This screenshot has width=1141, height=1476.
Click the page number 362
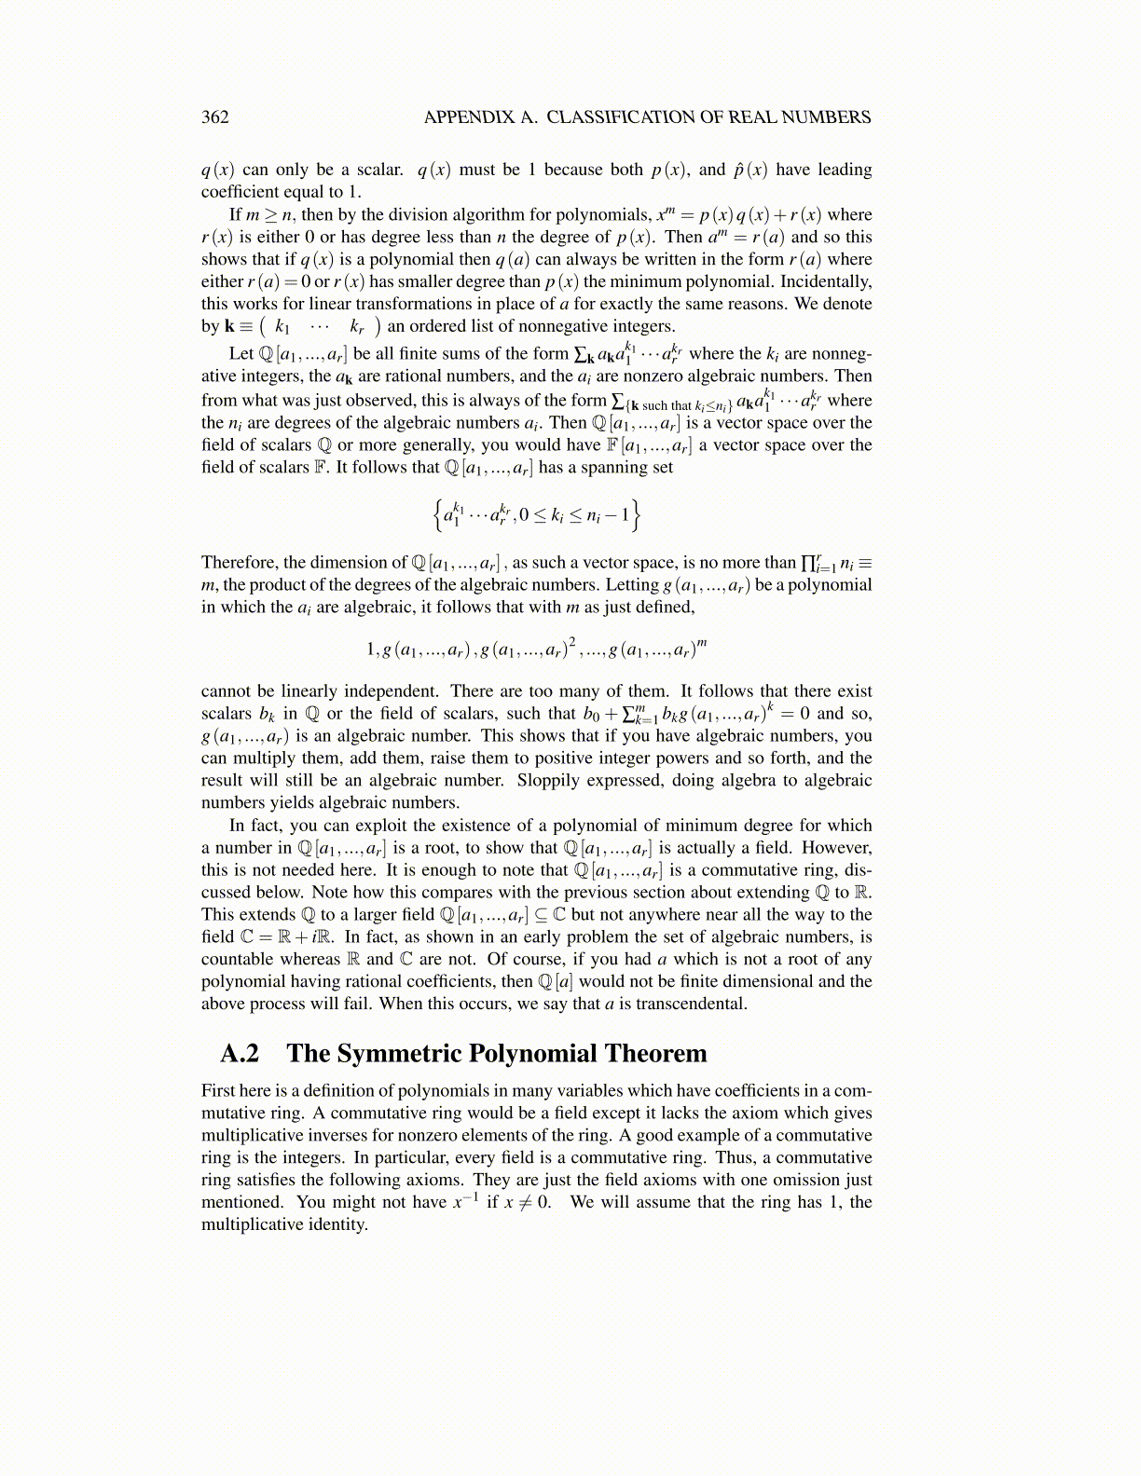[x=214, y=117]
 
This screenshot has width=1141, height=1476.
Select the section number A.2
[x=240, y=1054]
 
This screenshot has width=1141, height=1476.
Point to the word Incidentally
[x=825, y=281]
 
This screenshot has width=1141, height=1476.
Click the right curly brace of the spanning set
[x=636, y=513]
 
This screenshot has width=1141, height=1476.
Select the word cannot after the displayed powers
[x=227, y=691]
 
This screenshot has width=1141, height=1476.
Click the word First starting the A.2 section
[x=220, y=1091]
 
